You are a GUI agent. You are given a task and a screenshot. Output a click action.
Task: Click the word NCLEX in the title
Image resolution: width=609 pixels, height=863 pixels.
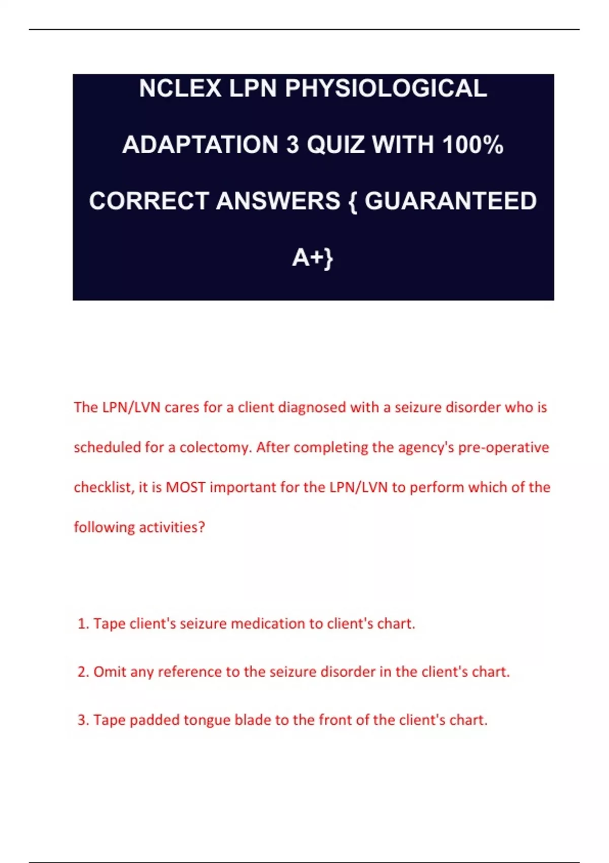180,89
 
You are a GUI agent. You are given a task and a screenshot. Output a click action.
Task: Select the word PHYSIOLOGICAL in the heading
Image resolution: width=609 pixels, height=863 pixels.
386,89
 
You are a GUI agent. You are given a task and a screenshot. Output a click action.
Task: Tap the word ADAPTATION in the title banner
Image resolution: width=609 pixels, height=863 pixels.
200,145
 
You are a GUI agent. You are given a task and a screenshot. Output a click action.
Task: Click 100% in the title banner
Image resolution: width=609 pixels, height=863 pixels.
472,145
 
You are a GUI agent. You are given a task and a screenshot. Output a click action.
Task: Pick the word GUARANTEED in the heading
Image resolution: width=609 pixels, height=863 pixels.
450,201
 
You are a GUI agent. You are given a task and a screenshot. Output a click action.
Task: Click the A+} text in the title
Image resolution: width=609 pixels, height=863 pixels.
313,258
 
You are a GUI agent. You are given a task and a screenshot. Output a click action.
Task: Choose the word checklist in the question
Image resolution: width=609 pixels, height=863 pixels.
103,487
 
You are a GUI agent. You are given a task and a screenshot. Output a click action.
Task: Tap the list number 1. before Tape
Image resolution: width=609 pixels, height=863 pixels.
83,623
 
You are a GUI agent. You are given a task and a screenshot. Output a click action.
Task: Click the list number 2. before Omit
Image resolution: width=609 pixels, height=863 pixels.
83,672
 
